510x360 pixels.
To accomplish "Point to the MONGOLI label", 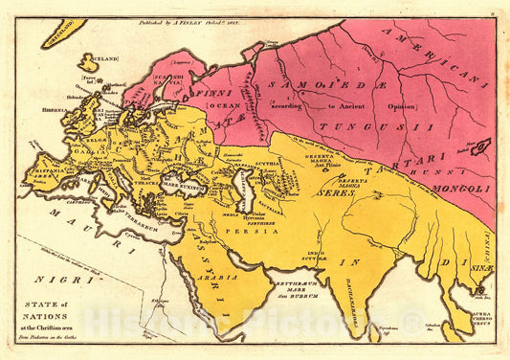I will (x=458, y=190).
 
